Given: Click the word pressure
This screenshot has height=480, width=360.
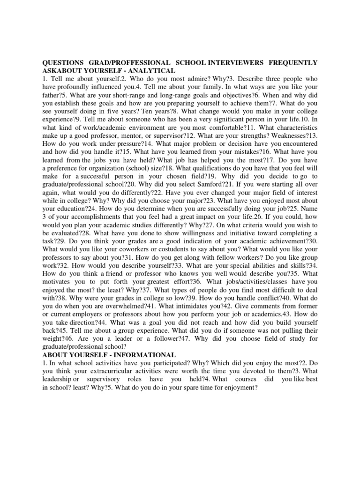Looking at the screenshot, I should coord(124,143).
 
